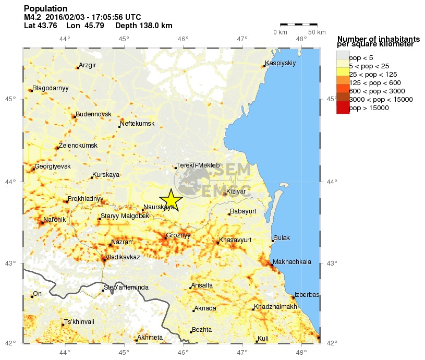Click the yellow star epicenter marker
coord(171,200)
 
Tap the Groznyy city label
coord(178,235)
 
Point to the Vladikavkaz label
coord(123,257)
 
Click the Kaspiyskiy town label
coord(281,64)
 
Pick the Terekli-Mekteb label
coord(198,165)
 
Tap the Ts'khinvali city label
coord(79,322)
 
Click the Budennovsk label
coord(94,114)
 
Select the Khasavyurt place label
coord(236,240)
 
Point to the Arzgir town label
coord(88,65)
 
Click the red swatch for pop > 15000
coord(343,107)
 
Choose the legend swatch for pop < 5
coord(343,57)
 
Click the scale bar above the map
coord(298,24)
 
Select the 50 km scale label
coord(316,32)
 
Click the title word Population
coord(45,9)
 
